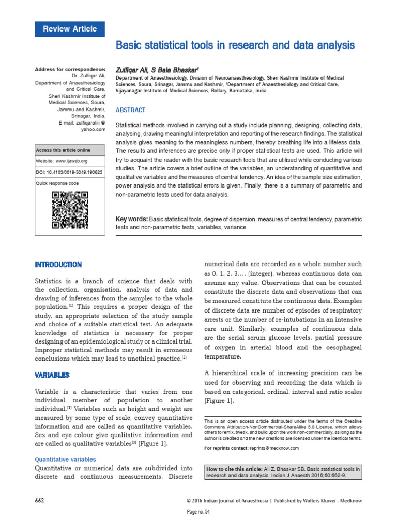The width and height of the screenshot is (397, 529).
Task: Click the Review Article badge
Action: pos(69,29)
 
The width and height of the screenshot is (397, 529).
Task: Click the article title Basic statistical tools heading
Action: pos(235,45)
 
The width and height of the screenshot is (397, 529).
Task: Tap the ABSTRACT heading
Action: pos(130,110)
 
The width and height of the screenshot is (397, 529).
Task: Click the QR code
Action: pos(70,210)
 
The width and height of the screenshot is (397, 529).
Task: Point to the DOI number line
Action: pos(68,172)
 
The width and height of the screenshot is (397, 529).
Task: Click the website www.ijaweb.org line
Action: pos(62,161)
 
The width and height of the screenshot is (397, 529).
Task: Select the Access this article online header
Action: pos(63,150)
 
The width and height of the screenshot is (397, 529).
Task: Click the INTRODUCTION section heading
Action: pos(58,264)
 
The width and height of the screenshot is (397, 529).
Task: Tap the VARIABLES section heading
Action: pos(52,375)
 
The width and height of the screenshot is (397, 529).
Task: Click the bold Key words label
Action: pos(132,220)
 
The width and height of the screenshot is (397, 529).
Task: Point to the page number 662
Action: pos(39,501)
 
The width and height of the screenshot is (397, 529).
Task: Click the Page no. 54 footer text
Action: pos(198,512)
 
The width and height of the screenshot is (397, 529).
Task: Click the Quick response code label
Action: pos(57,183)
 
